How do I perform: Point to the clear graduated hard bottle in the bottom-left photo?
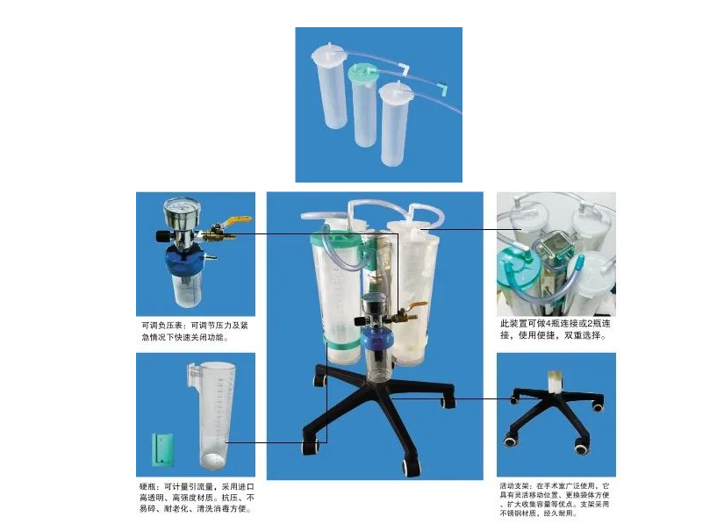(x=208, y=413)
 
